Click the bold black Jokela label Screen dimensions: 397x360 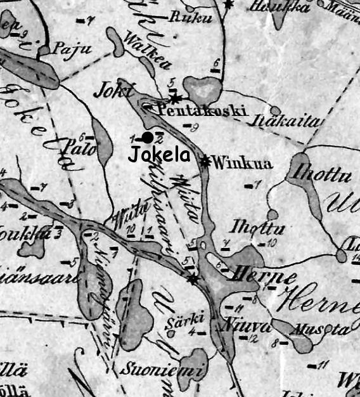point(158,154)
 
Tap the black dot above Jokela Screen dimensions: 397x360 point(147,138)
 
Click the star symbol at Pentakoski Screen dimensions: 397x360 point(175,98)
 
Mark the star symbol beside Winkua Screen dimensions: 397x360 point(205,161)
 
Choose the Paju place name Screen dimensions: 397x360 point(68,48)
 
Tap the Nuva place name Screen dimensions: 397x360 point(238,327)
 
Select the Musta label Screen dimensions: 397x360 point(329,330)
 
